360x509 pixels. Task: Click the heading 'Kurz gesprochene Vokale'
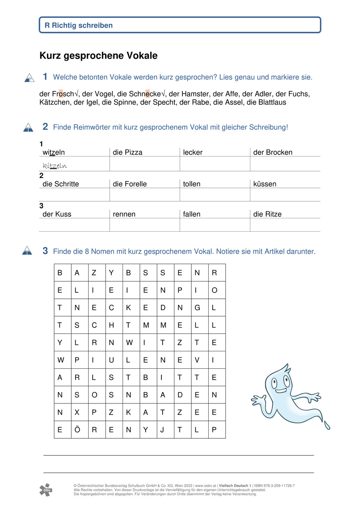(x=98, y=56)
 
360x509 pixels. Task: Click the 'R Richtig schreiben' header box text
(x=78, y=25)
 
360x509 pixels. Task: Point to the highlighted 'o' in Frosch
(x=61, y=94)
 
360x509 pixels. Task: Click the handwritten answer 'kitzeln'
(x=55, y=166)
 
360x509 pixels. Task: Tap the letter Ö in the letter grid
(x=77, y=430)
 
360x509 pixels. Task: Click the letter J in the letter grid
(x=162, y=430)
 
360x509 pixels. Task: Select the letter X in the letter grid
(x=77, y=413)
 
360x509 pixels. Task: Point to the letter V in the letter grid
(x=197, y=360)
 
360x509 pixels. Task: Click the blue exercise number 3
(x=45, y=251)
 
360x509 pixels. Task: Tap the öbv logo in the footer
(x=46, y=490)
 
